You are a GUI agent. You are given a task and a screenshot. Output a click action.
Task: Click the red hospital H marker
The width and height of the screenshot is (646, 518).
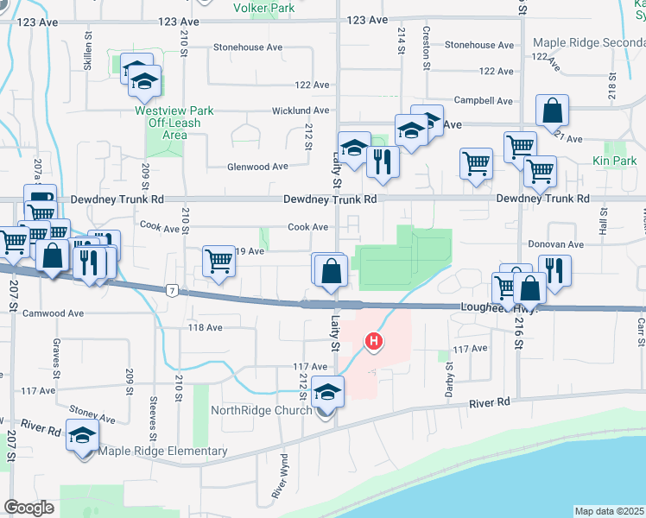374,343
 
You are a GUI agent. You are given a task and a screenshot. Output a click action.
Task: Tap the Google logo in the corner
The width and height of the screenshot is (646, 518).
28,508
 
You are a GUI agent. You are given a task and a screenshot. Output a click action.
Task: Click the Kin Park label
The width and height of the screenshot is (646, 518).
614,161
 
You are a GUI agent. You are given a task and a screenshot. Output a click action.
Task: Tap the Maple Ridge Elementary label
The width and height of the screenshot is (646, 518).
162,451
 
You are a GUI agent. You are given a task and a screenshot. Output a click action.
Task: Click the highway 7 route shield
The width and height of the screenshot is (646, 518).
173,290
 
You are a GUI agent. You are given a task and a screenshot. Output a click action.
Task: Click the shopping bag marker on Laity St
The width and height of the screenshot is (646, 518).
331,270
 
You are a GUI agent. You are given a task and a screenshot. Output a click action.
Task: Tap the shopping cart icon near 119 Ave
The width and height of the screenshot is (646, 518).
219,261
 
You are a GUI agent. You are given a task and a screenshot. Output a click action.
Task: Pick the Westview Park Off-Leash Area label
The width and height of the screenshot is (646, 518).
174,123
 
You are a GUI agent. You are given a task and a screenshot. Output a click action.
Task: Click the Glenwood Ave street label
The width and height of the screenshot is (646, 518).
256,167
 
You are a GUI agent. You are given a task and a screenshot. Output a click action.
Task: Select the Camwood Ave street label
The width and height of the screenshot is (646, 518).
53,313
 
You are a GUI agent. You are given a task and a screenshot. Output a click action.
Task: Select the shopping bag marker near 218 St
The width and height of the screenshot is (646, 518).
551,111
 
